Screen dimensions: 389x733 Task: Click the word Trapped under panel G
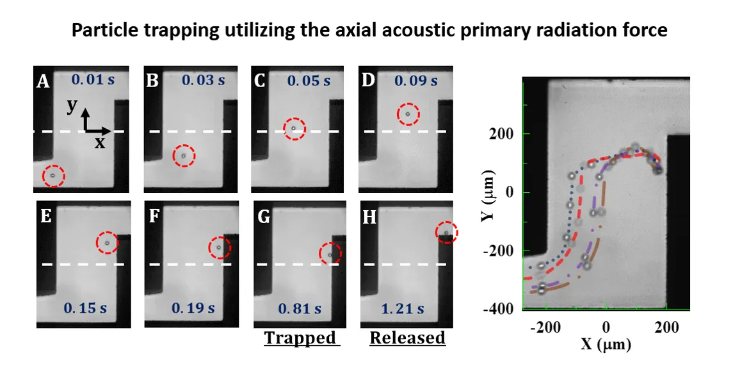click(x=301, y=337)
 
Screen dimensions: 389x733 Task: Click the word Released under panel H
click(x=407, y=337)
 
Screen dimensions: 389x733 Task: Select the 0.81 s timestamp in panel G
click(x=300, y=308)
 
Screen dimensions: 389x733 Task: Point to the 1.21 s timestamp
click(x=407, y=308)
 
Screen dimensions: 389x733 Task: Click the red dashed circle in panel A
click(x=53, y=176)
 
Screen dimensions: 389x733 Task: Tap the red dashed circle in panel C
click(x=294, y=128)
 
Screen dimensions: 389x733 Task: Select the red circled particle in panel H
click(x=446, y=232)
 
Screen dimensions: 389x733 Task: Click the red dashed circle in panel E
click(x=107, y=243)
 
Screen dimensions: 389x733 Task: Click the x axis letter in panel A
click(x=99, y=142)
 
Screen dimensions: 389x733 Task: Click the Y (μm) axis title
click(x=489, y=195)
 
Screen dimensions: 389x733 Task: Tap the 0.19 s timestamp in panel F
click(x=193, y=308)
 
